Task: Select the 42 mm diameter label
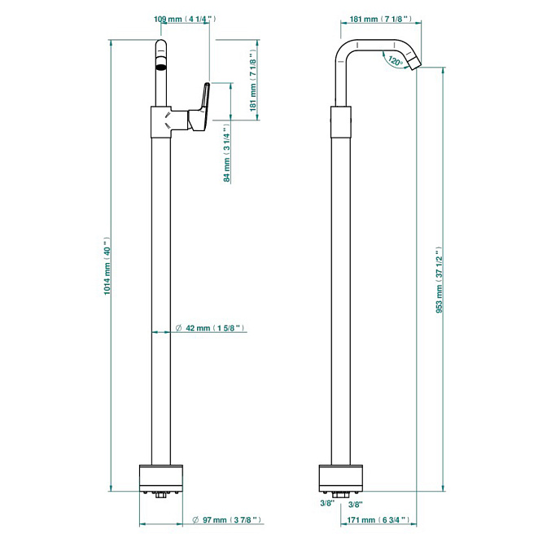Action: click(210, 330)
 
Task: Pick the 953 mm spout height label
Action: click(439, 280)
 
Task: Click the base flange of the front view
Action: click(161, 479)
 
